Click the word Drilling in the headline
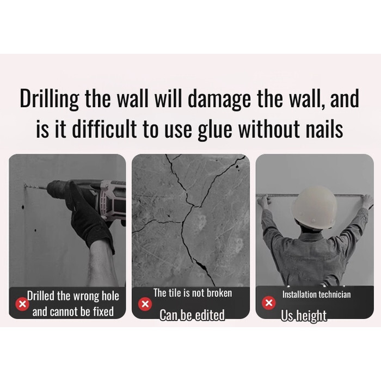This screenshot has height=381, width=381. pyautogui.click(x=50, y=99)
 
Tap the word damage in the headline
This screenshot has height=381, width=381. pyautogui.click(x=219, y=99)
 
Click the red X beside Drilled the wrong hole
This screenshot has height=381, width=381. pyautogui.click(x=22, y=304)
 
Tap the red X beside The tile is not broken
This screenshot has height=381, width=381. pyautogui.click(x=145, y=304)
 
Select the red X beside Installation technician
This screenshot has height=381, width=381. pyautogui.click(x=269, y=303)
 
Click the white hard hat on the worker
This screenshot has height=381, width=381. pyautogui.click(x=315, y=208)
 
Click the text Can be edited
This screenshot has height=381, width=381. pyautogui.click(x=192, y=315)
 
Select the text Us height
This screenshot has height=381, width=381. pyautogui.click(x=304, y=316)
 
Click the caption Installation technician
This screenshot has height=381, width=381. pyautogui.click(x=316, y=294)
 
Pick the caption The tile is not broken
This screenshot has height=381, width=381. pyautogui.click(x=193, y=293)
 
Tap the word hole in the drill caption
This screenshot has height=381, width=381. pyautogui.click(x=110, y=296)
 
